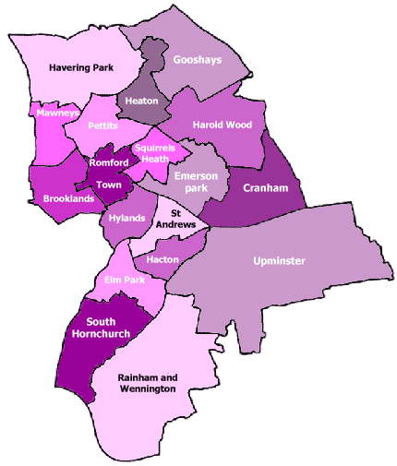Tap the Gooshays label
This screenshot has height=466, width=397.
coord(197,59)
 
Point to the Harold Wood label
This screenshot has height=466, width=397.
coord(221,124)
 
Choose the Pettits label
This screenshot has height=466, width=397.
coord(102,125)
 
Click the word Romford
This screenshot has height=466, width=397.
coord(109,163)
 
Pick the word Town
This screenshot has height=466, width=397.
coord(108,185)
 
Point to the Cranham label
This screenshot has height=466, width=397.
coord(259,188)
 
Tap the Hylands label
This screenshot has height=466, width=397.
coord(126,218)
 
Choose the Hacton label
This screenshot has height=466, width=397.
coord(162,259)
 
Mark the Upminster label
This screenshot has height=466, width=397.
coord(279,261)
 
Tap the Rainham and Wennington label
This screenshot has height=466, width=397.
coord(148,383)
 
